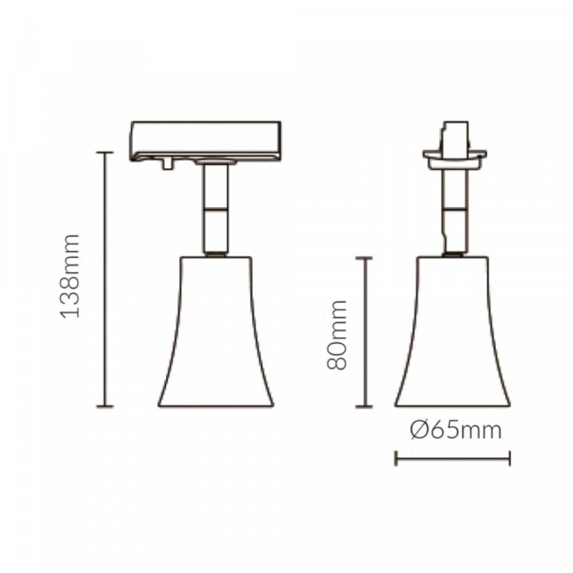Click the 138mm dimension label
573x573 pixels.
70,276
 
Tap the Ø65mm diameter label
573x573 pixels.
456,430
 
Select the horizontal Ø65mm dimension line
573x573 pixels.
453,458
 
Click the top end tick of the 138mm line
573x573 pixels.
104,153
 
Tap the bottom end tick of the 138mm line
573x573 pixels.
104,406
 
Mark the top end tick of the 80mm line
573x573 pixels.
364,258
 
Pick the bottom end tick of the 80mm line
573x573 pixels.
364,407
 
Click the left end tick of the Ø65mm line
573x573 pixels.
395,458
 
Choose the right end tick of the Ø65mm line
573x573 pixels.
509,458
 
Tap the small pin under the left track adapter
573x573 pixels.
167,164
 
